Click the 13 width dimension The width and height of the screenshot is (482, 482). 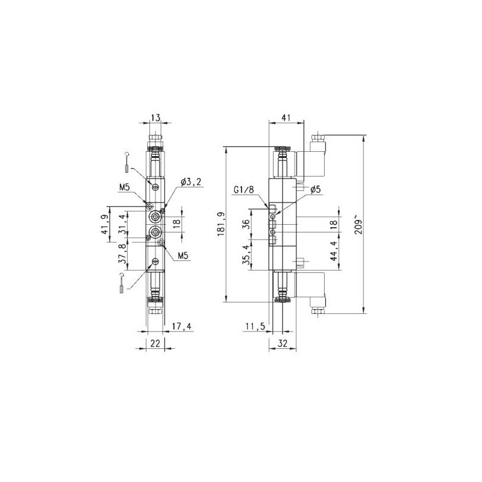click(156, 118)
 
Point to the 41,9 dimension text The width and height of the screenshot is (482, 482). click(105, 224)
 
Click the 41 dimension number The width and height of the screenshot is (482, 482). click(287, 118)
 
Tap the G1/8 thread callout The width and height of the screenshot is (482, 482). click(245, 190)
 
